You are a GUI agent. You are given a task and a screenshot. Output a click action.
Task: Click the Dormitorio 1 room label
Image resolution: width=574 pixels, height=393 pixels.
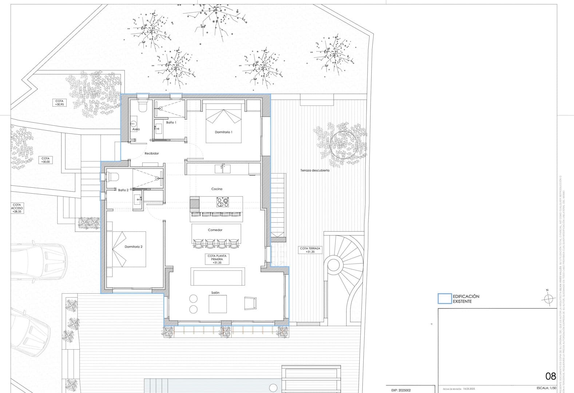(223, 132)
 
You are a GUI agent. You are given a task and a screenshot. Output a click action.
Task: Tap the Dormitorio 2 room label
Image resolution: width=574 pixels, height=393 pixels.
(133, 247)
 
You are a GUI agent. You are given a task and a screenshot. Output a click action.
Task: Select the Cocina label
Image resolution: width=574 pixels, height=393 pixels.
(217, 189)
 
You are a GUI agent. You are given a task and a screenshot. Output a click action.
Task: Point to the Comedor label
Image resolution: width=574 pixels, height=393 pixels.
(215, 230)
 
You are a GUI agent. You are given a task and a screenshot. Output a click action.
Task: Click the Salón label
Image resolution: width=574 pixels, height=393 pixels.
(215, 293)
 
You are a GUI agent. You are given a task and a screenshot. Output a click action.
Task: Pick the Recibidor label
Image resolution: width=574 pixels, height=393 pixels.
(151, 154)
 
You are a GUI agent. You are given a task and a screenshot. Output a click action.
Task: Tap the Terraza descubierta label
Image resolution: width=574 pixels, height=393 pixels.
(315, 170)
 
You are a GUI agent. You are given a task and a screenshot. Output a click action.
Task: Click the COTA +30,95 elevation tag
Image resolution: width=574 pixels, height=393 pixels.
(59, 103)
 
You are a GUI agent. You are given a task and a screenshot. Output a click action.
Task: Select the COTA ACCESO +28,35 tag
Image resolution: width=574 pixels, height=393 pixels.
(17, 208)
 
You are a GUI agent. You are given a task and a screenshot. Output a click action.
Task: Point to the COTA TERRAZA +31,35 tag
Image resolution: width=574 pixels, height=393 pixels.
(310, 250)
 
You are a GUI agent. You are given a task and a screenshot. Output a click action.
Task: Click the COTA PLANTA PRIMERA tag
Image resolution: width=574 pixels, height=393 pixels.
(217, 259)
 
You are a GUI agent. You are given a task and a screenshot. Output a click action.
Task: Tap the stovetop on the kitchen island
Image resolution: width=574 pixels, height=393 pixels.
(222, 202)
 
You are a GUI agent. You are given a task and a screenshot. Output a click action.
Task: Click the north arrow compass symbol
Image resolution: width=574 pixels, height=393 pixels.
(547, 299)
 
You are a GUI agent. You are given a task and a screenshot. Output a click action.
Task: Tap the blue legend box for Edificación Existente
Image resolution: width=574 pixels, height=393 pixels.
(444, 299)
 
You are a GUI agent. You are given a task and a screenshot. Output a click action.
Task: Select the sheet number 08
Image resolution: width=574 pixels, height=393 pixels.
(550, 376)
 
